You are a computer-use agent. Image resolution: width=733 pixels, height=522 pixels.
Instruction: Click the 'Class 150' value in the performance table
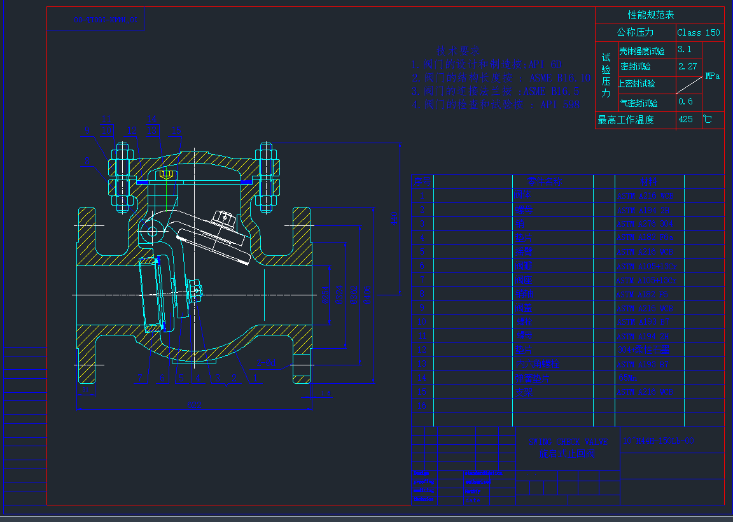click(699, 32)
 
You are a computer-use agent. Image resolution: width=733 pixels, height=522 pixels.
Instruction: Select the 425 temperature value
click(686, 119)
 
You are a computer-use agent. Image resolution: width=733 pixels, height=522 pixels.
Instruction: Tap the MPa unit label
click(713, 76)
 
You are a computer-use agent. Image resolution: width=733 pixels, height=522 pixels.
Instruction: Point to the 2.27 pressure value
click(688, 66)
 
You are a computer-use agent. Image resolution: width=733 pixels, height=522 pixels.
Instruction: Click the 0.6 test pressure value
click(686, 101)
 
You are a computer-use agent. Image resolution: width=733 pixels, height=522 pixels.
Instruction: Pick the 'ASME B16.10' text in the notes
click(561, 78)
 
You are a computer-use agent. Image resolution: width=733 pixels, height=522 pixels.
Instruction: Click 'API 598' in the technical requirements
click(560, 104)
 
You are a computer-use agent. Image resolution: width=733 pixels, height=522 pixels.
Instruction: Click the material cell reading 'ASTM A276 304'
click(644, 223)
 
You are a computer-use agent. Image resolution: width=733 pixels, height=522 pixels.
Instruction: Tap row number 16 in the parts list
click(422, 406)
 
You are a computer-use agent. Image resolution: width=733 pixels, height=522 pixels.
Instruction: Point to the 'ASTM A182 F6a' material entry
click(645, 237)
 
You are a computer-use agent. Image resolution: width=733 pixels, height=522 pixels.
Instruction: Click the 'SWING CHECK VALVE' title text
click(568, 442)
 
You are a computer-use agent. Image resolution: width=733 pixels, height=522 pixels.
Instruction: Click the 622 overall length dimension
click(194, 404)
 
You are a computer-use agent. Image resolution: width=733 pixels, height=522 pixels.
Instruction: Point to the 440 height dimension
click(394, 220)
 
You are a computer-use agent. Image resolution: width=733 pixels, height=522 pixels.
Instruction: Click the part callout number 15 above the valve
click(176, 131)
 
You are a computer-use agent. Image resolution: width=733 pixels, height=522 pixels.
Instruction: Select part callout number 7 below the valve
click(141, 378)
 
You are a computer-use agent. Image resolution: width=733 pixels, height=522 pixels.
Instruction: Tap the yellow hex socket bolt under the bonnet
click(167, 174)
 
